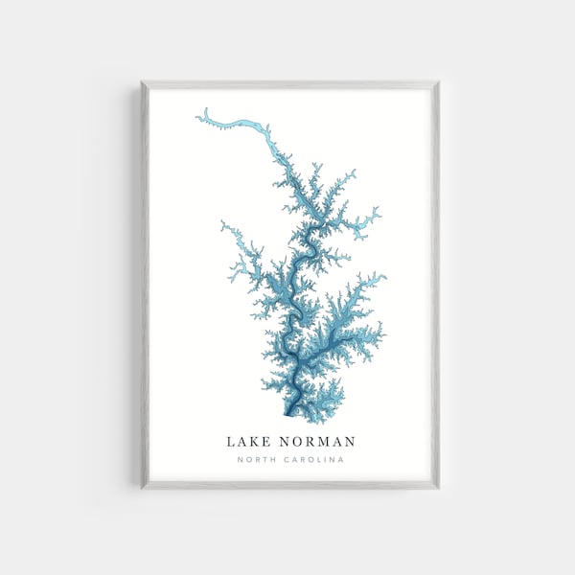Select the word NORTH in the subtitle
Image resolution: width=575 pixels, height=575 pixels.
(x=253, y=460)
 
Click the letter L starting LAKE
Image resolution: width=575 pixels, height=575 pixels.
(x=231, y=442)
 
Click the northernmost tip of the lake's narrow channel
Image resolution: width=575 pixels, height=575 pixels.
(x=198, y=117)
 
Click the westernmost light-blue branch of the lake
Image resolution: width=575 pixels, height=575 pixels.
(x=223, y=228)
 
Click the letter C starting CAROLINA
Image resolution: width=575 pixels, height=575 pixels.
(x=282, y=460)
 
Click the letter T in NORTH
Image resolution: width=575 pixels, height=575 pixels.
(x=261, y=460)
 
